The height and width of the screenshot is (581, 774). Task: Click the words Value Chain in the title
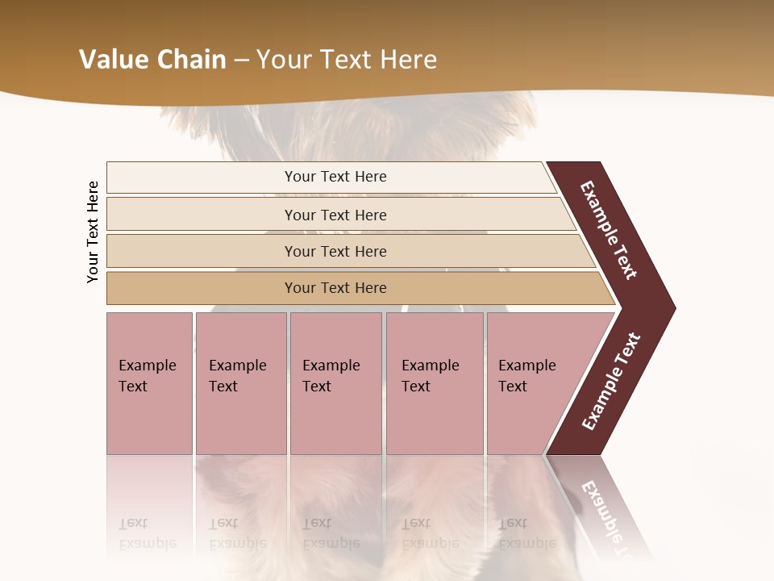pos(152,60)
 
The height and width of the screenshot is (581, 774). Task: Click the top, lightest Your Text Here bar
pos(335,177)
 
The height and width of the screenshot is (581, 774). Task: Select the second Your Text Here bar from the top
pos(335,215)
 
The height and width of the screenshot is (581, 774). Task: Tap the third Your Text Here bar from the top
pos(335,251)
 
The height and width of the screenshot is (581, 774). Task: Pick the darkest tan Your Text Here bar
pos(335,288)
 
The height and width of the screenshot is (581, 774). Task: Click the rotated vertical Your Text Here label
pos(93,232)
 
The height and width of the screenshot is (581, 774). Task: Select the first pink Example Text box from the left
pos(149,383)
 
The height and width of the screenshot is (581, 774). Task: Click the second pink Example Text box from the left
pos(240,383)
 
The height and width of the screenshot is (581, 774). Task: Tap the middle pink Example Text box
pos(335,383)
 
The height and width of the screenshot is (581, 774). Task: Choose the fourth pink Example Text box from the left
pos(434,383)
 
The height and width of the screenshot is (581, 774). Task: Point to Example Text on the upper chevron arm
pos(610,230)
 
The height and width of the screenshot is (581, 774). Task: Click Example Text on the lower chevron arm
pos(610,382)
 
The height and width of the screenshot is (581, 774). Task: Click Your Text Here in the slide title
pos(347,60)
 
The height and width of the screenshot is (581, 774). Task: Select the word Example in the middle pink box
pos(331,366)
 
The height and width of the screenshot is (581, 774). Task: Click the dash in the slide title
pos(241,60)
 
